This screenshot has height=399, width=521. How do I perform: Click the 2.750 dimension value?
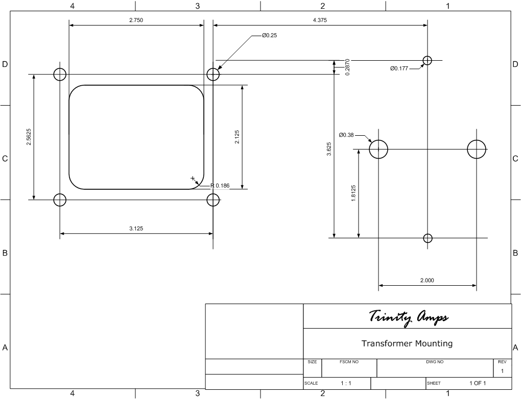pyautogui.click(x=136, y=20)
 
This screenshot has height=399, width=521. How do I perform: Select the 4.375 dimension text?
pyautogui.click(x=320, y=20)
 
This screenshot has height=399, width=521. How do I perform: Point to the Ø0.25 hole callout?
pyautogui.click(x=269, y=36)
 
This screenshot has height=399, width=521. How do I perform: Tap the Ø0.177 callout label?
pyautogui.click(x=399, y=69)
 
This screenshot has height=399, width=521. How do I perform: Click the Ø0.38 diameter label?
pyautogui.click(x=346, y=135)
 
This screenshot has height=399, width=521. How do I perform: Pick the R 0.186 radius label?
pyautogui.click(x=220, y=186)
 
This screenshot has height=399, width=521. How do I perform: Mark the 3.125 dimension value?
pyautogui.click(x=136, y=229)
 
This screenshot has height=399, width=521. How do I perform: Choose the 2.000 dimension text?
pyautogui.click(x=427, y=281)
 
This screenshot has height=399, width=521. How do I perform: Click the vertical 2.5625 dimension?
pyautogui.click(x=29, y=137)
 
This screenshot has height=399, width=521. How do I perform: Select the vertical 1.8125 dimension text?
pyautogui.click(x=353, y=193)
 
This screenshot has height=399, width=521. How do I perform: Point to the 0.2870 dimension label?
pyautogui.click(x=347, y=67)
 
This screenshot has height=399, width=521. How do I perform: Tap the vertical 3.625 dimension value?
pyautogui.click(x=329, y=149)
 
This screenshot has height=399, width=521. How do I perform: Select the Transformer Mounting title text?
pyautogui.click(x=407, y=343)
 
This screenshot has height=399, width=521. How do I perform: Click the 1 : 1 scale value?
pyautogui.click(x=346, y=383)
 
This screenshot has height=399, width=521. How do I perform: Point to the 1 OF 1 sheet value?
pyautogui.click(x=478, y=383)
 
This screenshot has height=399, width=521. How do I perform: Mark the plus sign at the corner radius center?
pyautogui.click(x=193, y=179)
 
